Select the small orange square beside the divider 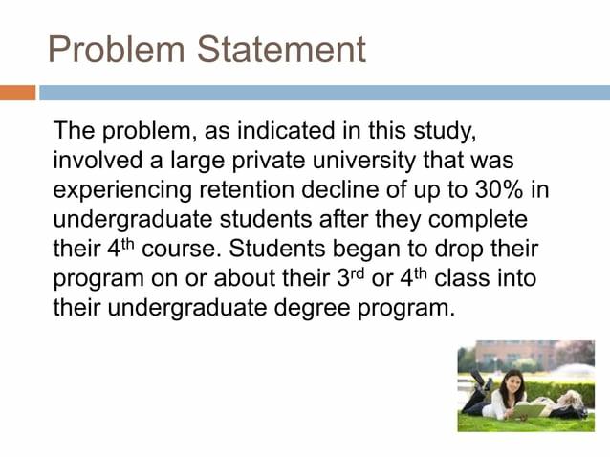18,93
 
